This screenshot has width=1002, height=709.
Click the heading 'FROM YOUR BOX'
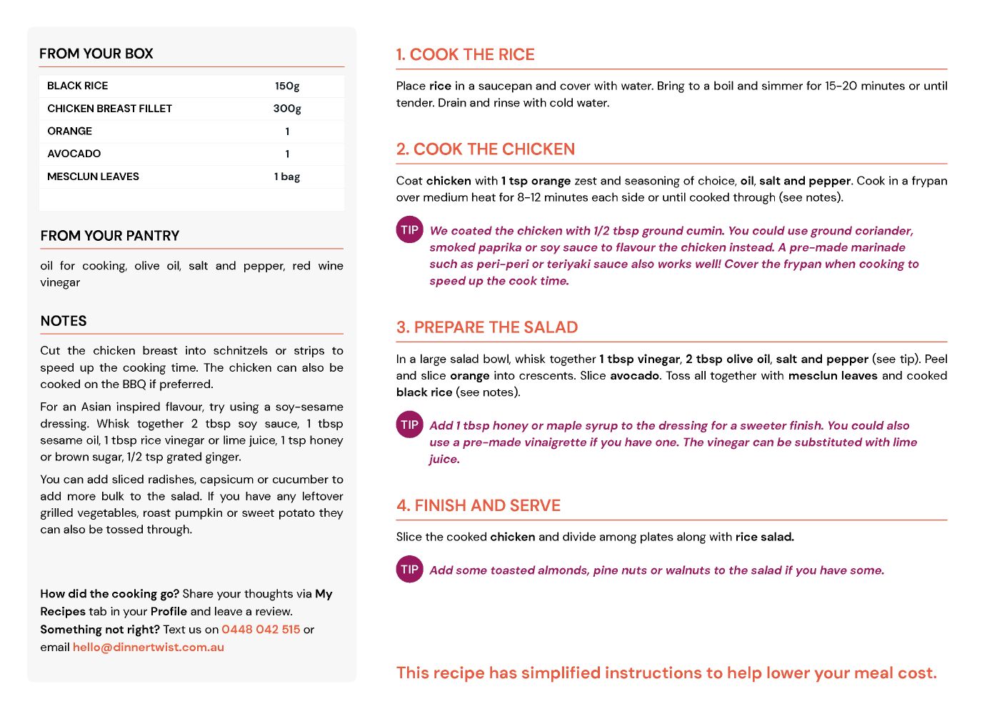(x=96, y=54)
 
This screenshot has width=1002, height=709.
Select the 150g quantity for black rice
(x=287, y=86)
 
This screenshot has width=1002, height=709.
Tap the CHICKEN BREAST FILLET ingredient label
(x=109, y=109)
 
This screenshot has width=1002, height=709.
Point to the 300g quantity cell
(x=287, y=109)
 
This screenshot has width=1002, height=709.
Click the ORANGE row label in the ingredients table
(x=69, y=132)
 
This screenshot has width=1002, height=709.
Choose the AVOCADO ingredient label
(x=74, y=154)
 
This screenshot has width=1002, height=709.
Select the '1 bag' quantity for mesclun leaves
(x=287, y=177)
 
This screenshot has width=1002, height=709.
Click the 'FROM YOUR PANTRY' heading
(x=110, y=236)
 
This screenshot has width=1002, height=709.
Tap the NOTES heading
(x=64, y=321)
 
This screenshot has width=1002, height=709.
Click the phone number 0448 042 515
(x=261, y=630)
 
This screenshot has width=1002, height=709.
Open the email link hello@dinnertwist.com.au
(x=149, y=648)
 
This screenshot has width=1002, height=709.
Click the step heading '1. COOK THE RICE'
(x=465, y=55)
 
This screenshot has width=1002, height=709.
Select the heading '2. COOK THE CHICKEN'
(x=486, y=149)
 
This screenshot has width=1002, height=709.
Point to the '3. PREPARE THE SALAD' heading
(x=487, y=327)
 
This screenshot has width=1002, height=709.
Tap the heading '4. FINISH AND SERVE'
(x=479, y=506)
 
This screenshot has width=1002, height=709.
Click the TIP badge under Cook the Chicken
(x=409, y=230)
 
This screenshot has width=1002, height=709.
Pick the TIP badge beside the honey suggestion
(x=409, y=425)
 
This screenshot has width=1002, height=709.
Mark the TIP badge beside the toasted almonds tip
(x=409, y=570)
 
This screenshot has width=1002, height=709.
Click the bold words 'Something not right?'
(x=100, y=630)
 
